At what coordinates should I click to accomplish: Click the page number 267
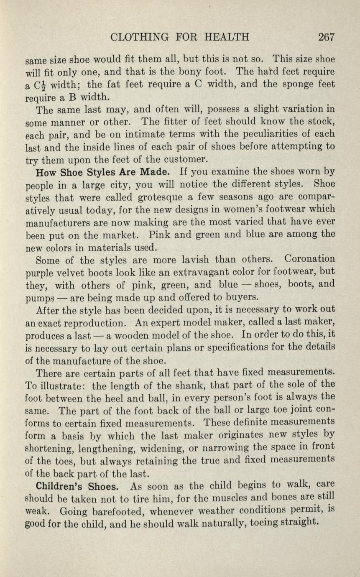[x=326, y=37]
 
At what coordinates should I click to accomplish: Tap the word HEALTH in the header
[x=227, y=37]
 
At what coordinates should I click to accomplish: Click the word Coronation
[x=309, y=259]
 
